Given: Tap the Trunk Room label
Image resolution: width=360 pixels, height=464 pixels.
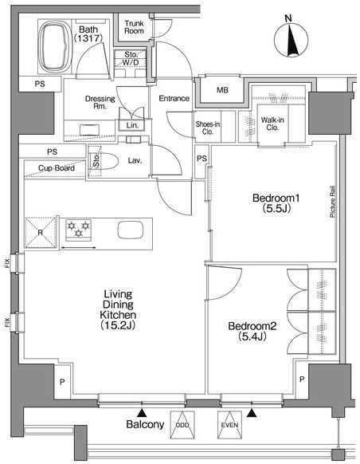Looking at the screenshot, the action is point(134,27).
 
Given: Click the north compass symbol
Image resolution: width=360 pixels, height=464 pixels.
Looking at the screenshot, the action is point(292,40).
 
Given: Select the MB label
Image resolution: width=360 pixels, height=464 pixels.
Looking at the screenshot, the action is point(222,90).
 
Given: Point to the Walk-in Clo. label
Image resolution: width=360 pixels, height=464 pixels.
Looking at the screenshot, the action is point(272,124).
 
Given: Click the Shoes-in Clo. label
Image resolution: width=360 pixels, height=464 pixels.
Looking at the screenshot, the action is point(208,128).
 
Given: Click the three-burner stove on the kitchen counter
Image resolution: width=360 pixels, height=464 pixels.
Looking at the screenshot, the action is point(78,230).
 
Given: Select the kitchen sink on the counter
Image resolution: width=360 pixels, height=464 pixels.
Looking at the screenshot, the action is point(131,230).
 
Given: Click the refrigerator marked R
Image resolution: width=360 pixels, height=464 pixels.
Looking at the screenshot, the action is point(40,232).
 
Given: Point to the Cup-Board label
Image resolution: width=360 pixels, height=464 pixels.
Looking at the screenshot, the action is point(57,168).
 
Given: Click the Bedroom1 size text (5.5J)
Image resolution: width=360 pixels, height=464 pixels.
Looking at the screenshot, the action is point(276,209).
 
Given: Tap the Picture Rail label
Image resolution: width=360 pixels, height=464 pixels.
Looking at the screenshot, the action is point(332,202).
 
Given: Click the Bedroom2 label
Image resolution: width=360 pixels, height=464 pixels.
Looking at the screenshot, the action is point(252,326).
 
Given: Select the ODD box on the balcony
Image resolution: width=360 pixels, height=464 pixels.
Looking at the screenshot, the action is point(182,425).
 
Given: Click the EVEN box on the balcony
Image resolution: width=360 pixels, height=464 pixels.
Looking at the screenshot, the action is point(229,425).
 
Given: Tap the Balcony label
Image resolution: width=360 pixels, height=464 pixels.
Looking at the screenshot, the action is point(145,424).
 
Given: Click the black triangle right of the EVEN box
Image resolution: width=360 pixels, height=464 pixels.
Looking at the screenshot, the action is point(252,413).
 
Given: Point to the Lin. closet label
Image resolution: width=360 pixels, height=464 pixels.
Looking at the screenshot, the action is point(132,125).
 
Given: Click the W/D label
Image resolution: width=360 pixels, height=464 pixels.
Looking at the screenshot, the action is point(131,63).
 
